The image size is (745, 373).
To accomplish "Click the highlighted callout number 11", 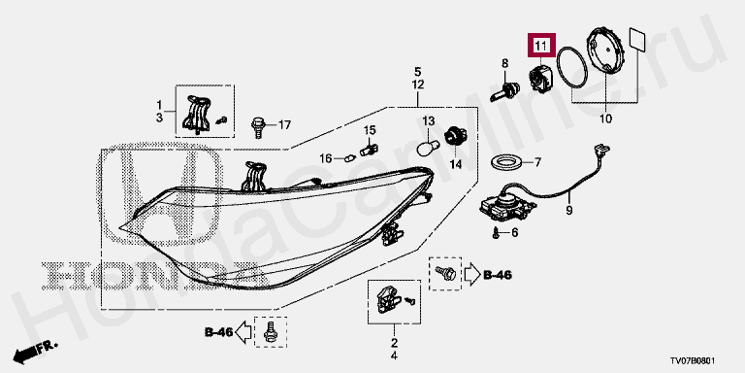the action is [541, 47].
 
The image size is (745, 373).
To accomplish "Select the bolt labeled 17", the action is [257, 127].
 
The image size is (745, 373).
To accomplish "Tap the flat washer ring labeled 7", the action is [507, 163].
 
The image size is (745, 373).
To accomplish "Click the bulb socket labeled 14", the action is [455, 137].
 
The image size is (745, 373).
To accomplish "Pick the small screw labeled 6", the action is [496, 233].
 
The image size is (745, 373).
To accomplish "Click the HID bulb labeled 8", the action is [505, 91].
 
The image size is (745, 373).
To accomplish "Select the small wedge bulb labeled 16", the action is [349, 157].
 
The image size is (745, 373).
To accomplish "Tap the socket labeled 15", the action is [369, 149].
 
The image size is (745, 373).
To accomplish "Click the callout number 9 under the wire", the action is [569, 210].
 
